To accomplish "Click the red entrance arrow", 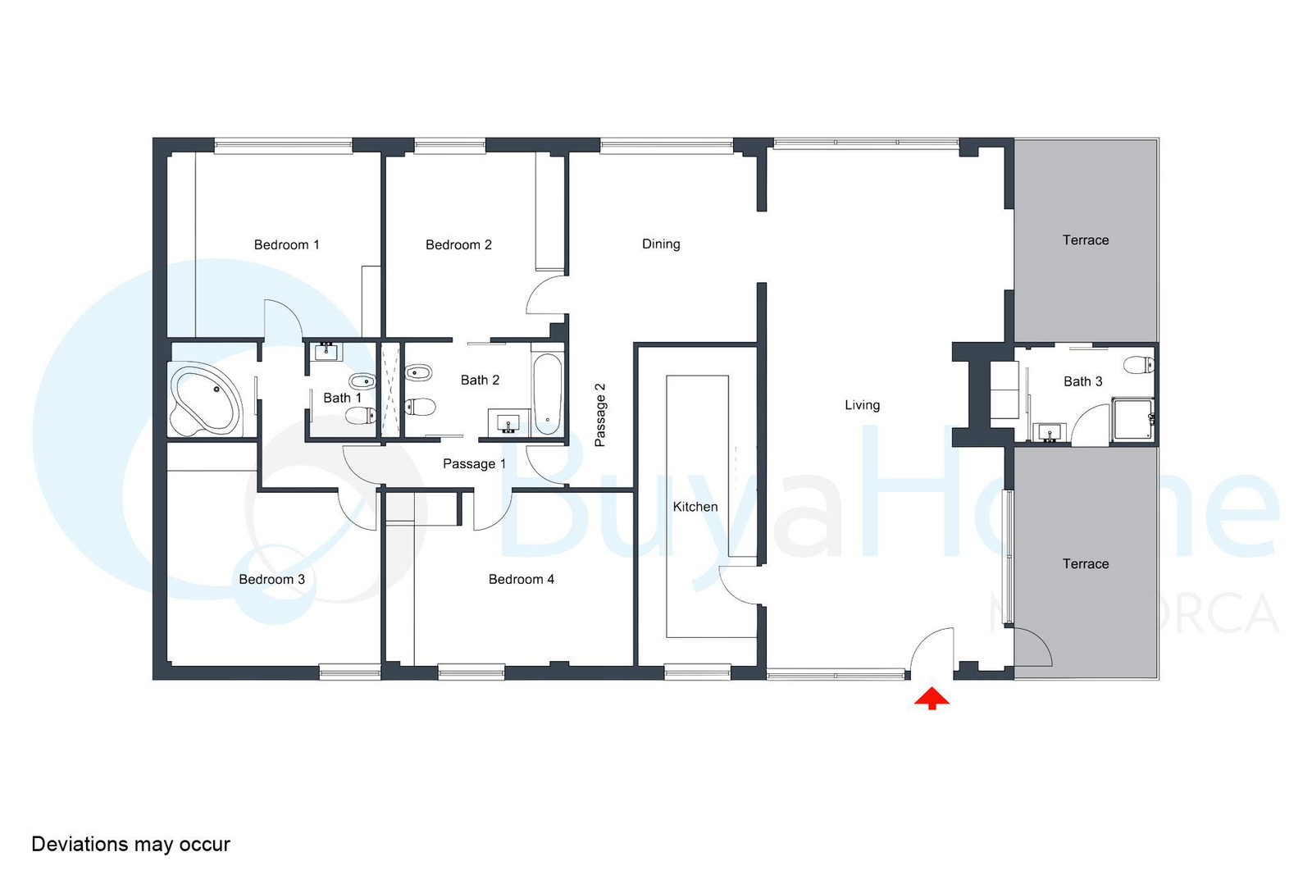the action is pyautogui.click(x=932, y=699).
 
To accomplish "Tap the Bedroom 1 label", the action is pyautogui.click(x=286, y=245).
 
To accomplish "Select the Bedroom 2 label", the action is pyautogui.click(x=458, y=245).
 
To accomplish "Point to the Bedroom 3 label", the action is pyautogui.click(x=271, y=579).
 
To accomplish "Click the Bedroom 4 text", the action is pyautogui.click(x=522, y=579).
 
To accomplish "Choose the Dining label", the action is pyautogui.click(x=661, y=244).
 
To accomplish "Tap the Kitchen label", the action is pyautogui.click(x=695, y=507).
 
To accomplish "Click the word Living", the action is pyautogui.click(x=862, y=405).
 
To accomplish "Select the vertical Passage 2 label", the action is pyautogui.click(x=599, y=415).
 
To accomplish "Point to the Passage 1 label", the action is pyautogui.click(x=475, y=464).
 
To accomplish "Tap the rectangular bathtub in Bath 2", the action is pyautogui.click(x=548, y=394).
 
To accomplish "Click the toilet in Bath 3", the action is pyautogui.click(x=1139, y=364).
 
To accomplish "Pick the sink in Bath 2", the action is pyautogui.click(x=508, y=422).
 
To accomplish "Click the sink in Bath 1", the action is pyautogui.click(x=326, y=352).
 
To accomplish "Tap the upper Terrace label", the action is pyautogui.click(x=1086, y=240).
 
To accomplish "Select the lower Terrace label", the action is pyautogui.click(x=1086, y=564).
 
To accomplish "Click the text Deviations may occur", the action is pyautogui.click(x=130, y=844).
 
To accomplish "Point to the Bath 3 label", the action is pyautogui.click(x=1083, y=382).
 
